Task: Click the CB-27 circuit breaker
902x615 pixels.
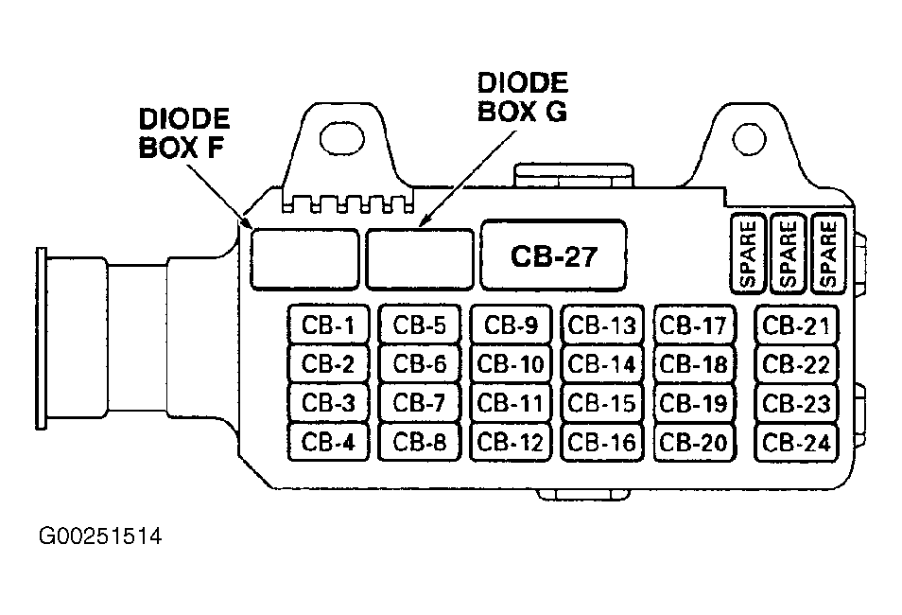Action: click(553, 255)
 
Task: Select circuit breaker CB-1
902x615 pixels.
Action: click(328, 325)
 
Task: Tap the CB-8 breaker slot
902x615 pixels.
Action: click(420, 442)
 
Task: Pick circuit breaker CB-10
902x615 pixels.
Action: click(511, 364)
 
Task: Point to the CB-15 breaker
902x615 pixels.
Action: click(601, 403)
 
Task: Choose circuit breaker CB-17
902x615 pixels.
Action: click(694, 325)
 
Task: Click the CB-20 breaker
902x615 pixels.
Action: click(694, 442)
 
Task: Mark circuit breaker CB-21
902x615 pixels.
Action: click(796, 325)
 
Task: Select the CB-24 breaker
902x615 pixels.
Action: click(796, 442)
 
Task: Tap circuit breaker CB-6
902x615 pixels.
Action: click(420, 364)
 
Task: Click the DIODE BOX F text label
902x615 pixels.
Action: click(184, 133)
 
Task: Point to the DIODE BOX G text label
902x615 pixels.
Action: click(522, 97)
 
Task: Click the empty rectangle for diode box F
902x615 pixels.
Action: click(304, 258)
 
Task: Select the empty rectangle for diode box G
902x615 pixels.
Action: click(420, 258)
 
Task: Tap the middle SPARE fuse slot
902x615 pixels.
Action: click(788, 253)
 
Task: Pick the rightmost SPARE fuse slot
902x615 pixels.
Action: click(828, 253)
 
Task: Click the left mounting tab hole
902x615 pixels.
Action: click(341, 138)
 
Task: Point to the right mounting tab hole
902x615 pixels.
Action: click(749, 139)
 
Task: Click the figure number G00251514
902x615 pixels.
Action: click(100, 536)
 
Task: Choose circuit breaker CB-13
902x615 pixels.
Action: click(601, 325)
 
